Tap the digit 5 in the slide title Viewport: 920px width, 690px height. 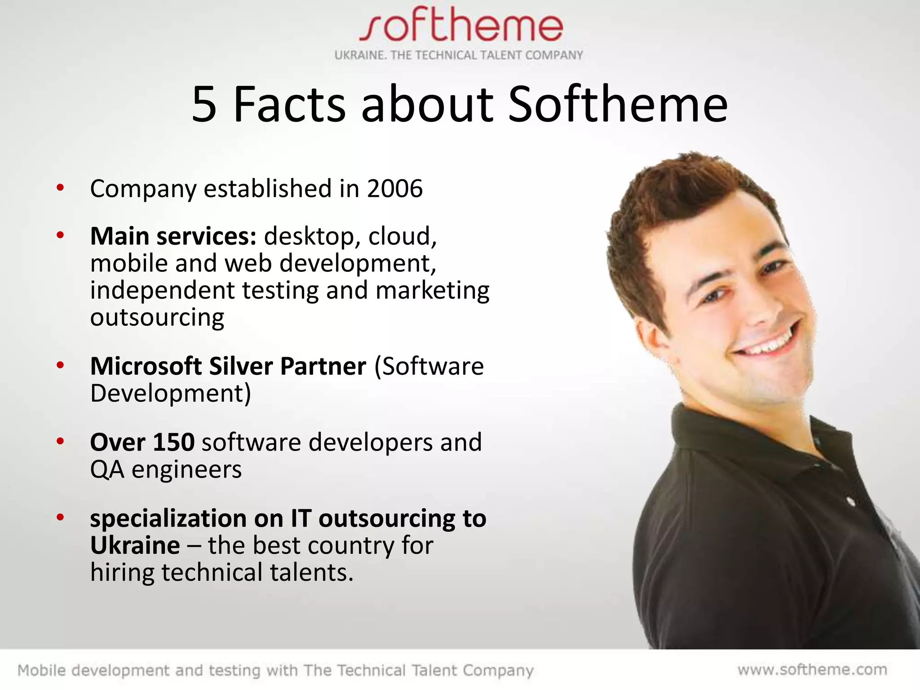(204, 104)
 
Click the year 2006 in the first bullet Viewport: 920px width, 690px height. (395, 188)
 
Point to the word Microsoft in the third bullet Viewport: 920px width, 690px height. (146, 366)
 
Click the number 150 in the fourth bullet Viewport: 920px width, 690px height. (173, 442)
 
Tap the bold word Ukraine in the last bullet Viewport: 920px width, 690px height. (135, 545)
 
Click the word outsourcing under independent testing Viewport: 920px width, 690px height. (157, 318)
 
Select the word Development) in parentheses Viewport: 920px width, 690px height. (170, 394)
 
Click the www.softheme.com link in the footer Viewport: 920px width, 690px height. (812, 670)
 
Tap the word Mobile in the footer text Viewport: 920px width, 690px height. (41, 671)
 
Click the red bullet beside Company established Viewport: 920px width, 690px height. (60, 188)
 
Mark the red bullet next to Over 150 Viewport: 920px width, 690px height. (60, 442)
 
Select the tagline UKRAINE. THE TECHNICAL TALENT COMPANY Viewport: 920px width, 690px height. (458, 55)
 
